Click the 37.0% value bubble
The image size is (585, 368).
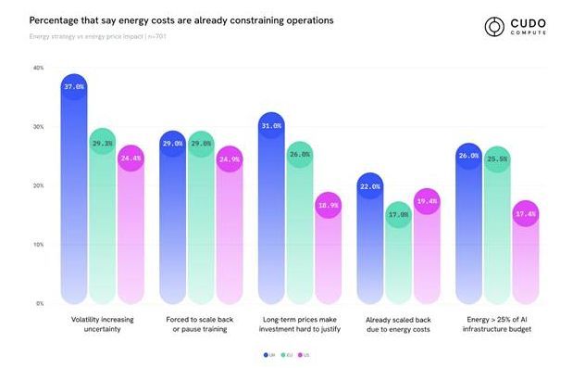pyautogui.click(x=74, y=87)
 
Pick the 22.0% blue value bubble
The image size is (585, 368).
pyautogui.click(x=370, y=186)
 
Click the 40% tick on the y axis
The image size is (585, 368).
pyautogui.click(x=38, y=68)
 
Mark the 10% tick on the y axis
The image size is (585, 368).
pyautogui.click(x=38, y=245)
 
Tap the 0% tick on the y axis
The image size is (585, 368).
pyautogui.click(x=40, y=303)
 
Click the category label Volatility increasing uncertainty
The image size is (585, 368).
pyautogui.click(x=103, y=324)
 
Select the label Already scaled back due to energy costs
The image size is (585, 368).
pyautogui.click(x=399, y=324)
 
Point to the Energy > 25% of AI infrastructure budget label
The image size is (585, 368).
pyautogui.click(x=498, y=324)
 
